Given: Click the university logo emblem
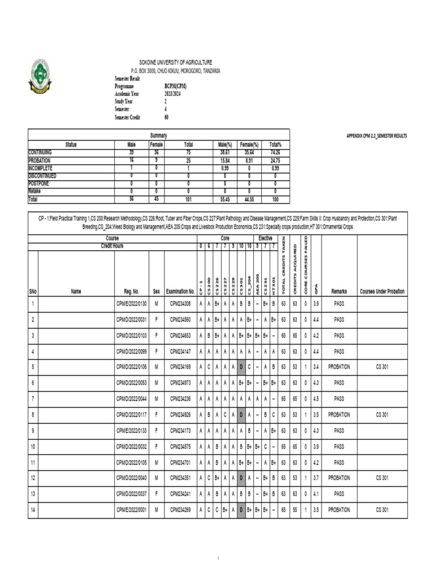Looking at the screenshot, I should point(40,77).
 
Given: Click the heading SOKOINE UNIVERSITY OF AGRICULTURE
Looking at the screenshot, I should point(176,62).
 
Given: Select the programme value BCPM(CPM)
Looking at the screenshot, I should point(175,86).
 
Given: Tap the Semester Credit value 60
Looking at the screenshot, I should point(166,118).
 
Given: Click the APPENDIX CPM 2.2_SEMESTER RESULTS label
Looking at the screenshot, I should point(377,136).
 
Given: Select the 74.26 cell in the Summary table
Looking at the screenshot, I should point(275,153).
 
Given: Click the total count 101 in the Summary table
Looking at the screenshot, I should point(188,199).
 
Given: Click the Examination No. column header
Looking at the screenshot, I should point(180,292).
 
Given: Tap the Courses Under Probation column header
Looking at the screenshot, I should point(382,292).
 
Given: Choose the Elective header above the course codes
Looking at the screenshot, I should point(265,239).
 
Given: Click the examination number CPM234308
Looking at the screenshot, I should point(180,304).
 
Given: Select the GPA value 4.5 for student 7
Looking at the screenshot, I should point(315,399).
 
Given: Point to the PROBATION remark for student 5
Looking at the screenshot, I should point(339,367).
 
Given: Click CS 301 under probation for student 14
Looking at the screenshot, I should point(382,510).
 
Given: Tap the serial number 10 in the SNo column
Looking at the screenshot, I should point(33,447).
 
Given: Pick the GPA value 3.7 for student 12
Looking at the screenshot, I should point(315,479).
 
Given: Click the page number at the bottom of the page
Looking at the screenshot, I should point(218,558).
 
